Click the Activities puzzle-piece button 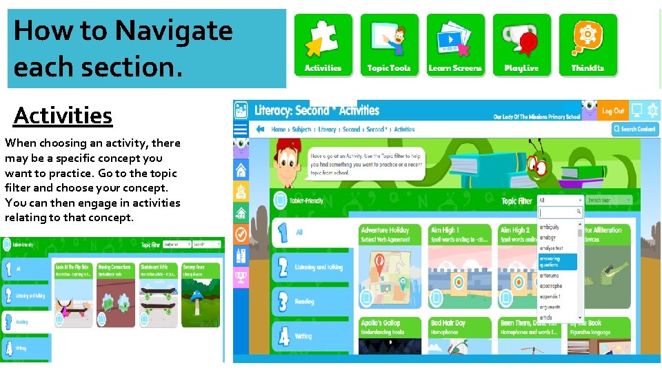pos(323,45)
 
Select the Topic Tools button pos(389,45)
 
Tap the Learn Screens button pos(455,45)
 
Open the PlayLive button pos(521,45)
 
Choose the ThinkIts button pos(588,45)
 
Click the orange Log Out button pos(612,111)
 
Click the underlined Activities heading pos(63,116)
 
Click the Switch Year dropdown pos(609,200)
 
